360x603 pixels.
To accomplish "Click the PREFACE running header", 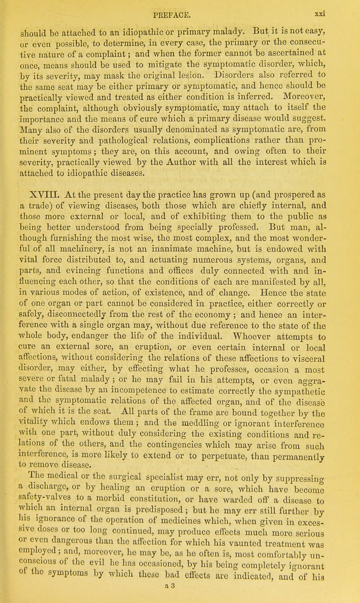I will pos(180,7).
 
